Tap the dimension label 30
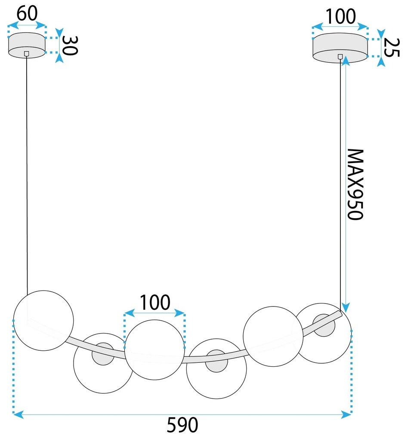[69, 45]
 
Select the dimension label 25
[391, 47]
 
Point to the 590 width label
[182, 426]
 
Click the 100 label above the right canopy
[340, 16]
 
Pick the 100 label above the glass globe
[155, 303]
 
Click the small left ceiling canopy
[27, 45]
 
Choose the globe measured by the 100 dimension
[155, 350]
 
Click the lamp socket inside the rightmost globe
[324, 326]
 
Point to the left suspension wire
[27, 172]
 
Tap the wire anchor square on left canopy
[27, 54]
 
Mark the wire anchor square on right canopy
[340, 56]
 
